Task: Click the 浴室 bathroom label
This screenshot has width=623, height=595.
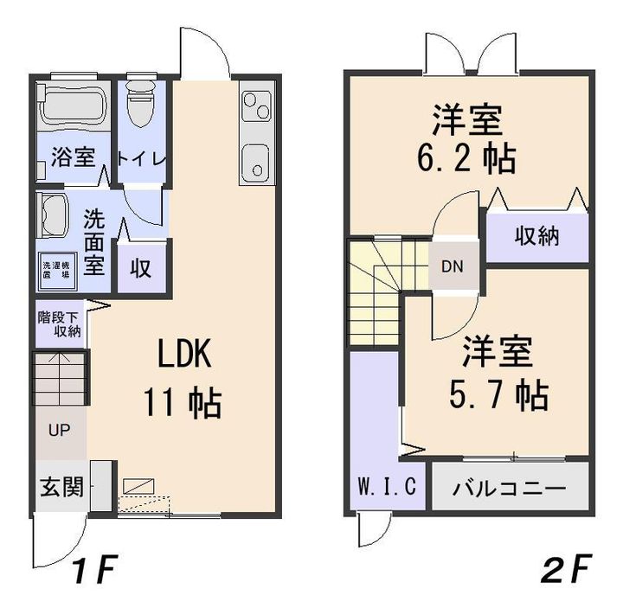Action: click(x=72, y=157)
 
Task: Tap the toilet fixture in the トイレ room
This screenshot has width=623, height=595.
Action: click(x=139, y=107)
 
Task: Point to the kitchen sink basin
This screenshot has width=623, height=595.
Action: click(x=256, y=160)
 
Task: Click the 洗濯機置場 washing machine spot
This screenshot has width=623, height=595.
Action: click(x=58, y=269)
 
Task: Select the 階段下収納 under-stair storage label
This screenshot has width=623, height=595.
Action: click(x=59, y=323)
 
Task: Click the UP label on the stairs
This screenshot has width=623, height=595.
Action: click(x=60, y=430)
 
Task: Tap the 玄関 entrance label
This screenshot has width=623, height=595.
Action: click(x=61, y=487)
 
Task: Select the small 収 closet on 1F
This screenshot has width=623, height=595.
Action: click(x=140, y=268)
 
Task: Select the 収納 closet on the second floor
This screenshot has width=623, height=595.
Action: click(x=536, y=236)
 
